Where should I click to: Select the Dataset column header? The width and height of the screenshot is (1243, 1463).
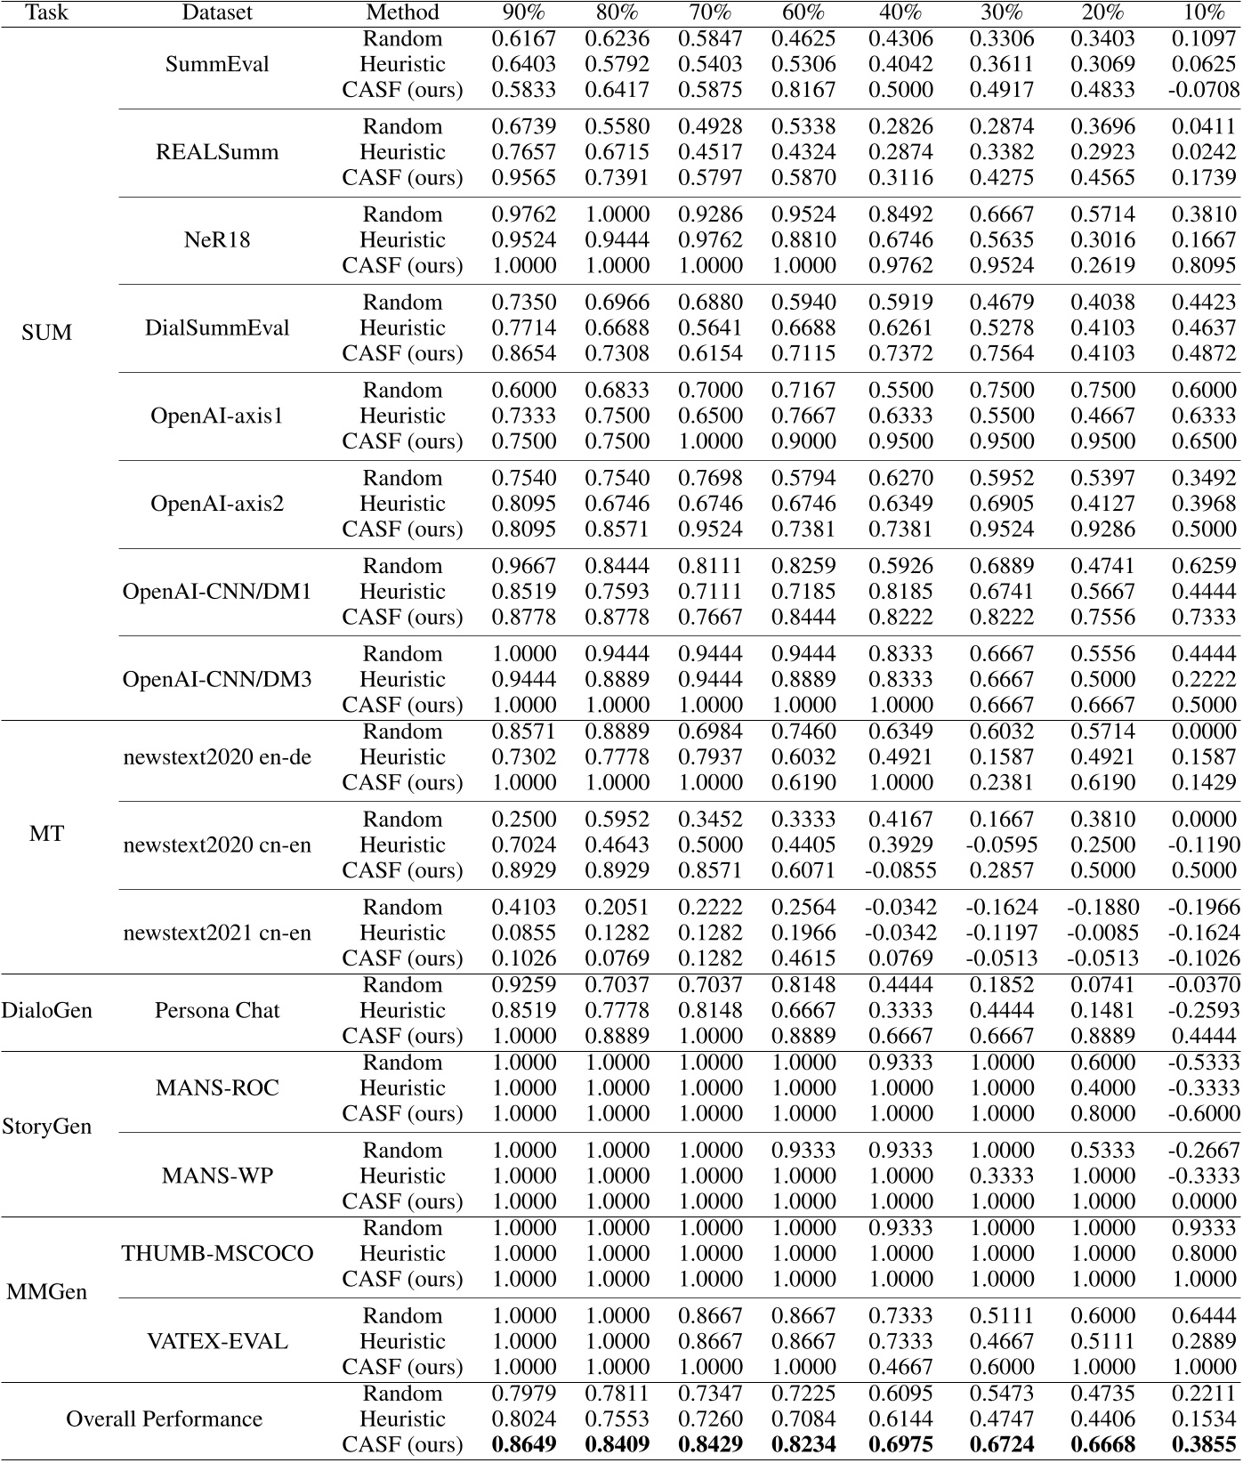217,12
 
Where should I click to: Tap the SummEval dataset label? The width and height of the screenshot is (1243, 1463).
217,64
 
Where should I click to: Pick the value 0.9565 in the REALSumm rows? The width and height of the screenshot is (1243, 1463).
524,178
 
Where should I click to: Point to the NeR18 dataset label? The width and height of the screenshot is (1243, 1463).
217,240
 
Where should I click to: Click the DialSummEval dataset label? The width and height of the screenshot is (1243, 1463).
217,328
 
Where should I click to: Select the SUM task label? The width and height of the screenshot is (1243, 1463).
46,333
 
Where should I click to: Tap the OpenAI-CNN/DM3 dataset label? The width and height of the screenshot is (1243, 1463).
217,680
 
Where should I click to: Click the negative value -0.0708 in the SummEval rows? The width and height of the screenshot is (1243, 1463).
1203,90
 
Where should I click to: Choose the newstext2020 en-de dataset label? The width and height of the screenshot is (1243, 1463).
217,757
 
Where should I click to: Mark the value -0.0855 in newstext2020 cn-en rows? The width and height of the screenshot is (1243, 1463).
900,870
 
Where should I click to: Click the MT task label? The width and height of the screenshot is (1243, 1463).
46,834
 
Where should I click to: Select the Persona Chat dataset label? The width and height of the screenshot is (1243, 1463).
217,1011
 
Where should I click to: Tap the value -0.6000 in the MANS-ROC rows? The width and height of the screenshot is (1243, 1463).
1203,1114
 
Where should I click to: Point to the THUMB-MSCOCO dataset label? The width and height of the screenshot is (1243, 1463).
217,1254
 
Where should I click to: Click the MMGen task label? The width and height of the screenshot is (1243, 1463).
46,1292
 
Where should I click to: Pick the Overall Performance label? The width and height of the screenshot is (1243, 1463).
164,1419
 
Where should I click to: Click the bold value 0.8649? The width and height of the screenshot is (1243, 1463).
524,1445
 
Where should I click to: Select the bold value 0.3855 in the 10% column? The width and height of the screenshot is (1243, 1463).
1203,1445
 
